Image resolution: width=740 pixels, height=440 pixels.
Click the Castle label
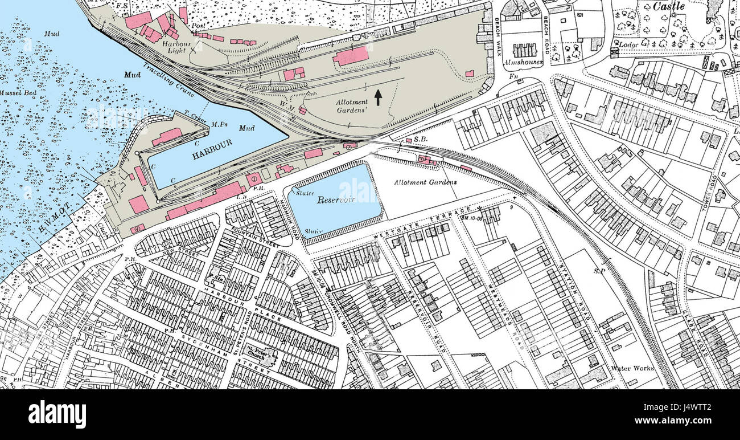coord(668,7)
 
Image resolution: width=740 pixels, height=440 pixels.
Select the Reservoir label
coord(336,200)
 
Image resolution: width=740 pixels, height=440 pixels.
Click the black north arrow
coord(378,97)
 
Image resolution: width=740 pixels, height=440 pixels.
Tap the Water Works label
coord(632,369)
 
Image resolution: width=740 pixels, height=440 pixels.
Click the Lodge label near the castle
coord(628,43)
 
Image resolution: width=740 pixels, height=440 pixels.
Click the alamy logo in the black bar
coord(57,414)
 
